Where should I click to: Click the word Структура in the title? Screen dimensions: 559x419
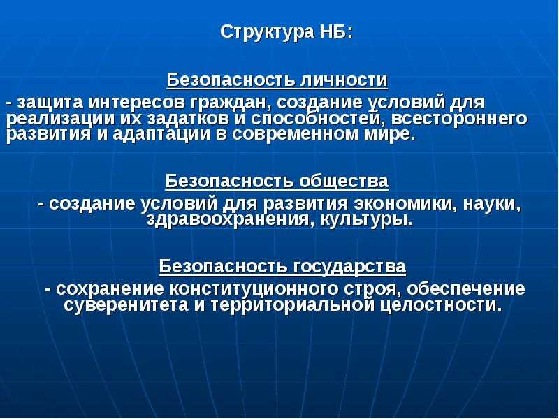pyautogui.click(x=266, y=33)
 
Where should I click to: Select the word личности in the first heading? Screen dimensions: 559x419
pyautogui.click(x=344, y=80)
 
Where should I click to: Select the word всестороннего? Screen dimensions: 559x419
pyautogui.click(x=459, y=119)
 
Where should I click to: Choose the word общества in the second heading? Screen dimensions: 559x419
pyautogui.click(x=344, y=182)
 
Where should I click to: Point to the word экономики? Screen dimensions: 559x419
pyautogui.click(x=406, y=204)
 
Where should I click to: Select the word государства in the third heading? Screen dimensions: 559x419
pyautogui.click(x=350, y=266)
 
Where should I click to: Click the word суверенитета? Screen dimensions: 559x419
pyautogui.click(x=126, y=305)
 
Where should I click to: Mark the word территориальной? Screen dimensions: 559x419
pyautogui.click(x=293, y=305)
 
